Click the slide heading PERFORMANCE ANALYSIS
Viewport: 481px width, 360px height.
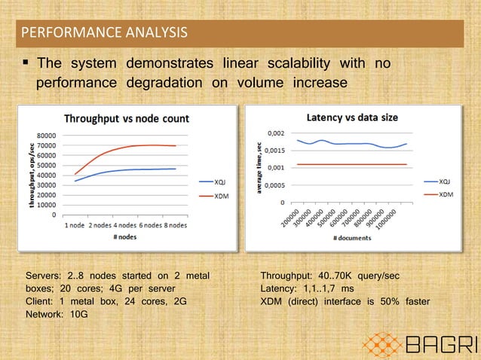(x=105, y=32)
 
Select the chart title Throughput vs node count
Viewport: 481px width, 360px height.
(x=126, y=118)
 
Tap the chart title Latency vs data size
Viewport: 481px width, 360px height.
(x=352, y=117)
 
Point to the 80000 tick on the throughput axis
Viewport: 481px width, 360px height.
(x=46, y=136)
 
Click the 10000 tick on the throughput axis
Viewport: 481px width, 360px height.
(x=46, y=204)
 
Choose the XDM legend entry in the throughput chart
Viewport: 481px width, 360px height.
(x=222, y=196)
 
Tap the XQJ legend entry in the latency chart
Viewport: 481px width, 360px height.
(x=445, y=182)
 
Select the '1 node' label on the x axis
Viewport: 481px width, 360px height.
(x=75, y=224)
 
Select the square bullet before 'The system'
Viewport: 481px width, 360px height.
(x=26, y=63)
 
